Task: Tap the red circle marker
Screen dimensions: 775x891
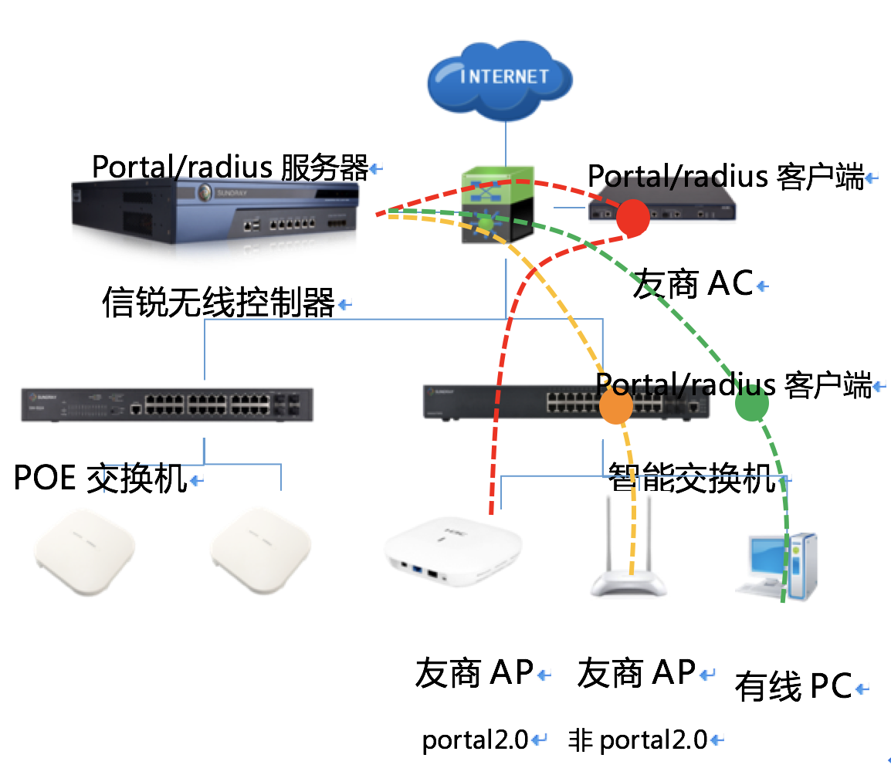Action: [x=633, y=215]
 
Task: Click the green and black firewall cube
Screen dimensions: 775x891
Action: [x=498, y=205]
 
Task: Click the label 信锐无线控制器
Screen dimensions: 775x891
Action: [x=219, y=303]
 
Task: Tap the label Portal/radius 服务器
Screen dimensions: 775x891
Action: [x=230, y=168]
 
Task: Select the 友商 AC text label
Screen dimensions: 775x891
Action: [x=693, y=284]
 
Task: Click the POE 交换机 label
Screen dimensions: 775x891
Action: [x=100, y=479]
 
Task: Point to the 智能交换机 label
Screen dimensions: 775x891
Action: [x=692, y=478]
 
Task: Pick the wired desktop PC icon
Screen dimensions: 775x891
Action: [x=776, y=567]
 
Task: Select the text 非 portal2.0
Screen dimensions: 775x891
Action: [x=638, y=740]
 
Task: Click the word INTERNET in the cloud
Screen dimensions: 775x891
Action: [x=504, y=76]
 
